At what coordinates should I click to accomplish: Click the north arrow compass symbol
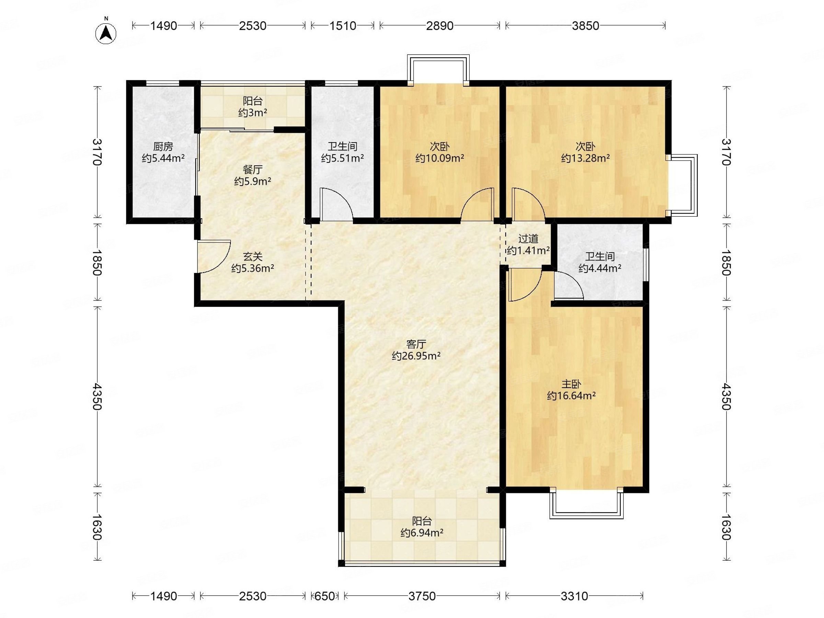106,33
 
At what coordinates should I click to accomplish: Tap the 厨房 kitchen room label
163,146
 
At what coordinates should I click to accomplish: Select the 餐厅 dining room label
253,170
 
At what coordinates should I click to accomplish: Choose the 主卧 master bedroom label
571,384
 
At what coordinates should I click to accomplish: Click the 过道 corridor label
528,238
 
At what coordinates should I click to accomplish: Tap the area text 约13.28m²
585,158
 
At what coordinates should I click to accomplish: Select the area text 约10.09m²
439,158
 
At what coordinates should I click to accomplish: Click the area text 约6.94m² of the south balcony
422,533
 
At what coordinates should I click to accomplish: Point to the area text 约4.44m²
599,268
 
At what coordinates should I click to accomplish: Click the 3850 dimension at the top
585,26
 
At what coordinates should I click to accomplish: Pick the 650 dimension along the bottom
324,596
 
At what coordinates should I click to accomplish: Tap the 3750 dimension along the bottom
422,596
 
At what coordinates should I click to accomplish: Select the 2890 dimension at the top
439,26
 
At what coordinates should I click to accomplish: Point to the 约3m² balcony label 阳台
253,101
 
